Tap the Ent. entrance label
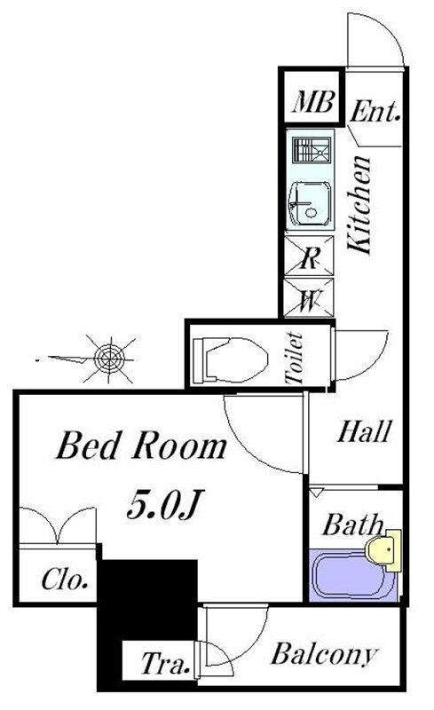pos(375,111)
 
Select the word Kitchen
pos(360,205)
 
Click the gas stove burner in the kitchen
pos(312,150)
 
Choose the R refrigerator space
pos(309,256)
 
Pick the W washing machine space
pos(309,297)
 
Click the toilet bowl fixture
pos(230,359)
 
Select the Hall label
pos(363,431)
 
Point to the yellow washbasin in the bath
pos(383,550)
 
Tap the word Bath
pos(353,525)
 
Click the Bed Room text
pos(141,446)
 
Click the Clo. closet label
pos(65,580)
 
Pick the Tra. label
pos(165,663)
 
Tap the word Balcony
pos(324,654)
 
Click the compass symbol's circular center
pos(109,359)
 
